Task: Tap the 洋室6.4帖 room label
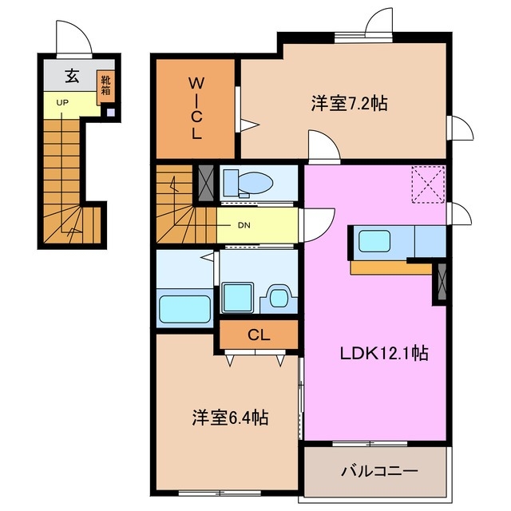pyautogui.click(x=229, y=417)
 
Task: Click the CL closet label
pyautogui.click(x=257, y=335)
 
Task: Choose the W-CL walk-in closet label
pyautogui.click(x=196, y=108)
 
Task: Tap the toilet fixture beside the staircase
pyautogui.click(x=247, y=182)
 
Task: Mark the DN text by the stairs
pyautogui.click(x=245, y=224)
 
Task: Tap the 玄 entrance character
pyautogui.click(x=72, y=77)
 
